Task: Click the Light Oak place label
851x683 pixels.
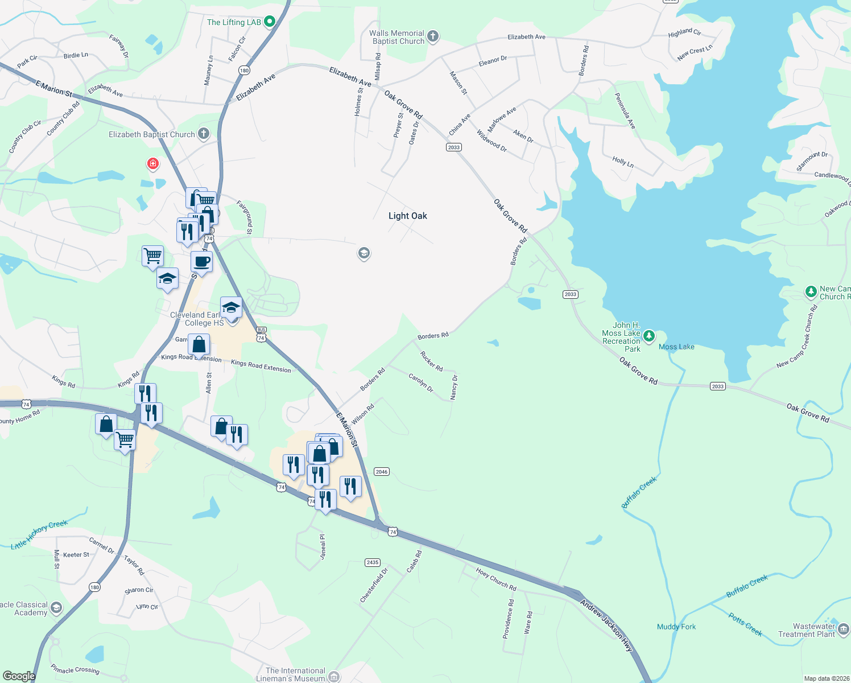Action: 407,216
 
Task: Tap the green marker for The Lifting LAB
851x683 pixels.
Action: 270,22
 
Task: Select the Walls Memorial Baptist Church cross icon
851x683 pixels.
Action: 433,37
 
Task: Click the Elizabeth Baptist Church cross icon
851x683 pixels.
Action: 204,134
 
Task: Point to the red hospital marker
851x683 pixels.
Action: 152,164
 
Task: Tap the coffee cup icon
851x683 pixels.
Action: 201,262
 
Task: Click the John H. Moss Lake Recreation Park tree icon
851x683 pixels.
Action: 648,336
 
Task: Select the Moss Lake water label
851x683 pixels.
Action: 676,347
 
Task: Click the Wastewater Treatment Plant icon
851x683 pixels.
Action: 844,629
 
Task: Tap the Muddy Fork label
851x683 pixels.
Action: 676,627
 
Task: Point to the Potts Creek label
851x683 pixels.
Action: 745,624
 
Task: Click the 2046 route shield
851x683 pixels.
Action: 382,471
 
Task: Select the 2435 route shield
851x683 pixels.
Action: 373,562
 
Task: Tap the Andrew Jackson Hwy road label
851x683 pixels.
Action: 606,625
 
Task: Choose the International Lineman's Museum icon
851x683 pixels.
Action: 334,676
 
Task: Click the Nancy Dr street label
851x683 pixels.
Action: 454,387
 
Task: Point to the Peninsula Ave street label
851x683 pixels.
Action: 625,111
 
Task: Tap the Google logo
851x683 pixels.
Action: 19,676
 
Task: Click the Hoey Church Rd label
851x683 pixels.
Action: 496,579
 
